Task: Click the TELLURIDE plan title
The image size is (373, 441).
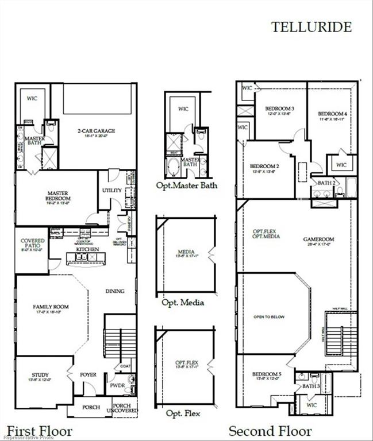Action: tap(311, 26)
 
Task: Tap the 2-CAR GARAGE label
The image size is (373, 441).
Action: tap(97, 131)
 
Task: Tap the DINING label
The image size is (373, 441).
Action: tap(115, 291)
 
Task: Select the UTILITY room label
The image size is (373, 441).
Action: tap(111, 190)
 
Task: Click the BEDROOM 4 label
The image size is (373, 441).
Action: tap(333, 114)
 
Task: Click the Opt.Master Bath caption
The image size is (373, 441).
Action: tap(187, 185)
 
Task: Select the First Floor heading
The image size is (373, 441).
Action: tap(40, 431)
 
